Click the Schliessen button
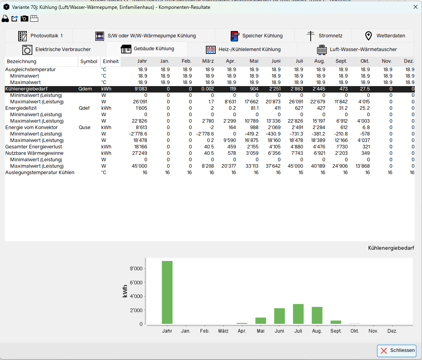(396, 350)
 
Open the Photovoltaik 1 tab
(41, 36)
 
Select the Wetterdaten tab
(385, 36)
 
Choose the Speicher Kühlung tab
(256, 36)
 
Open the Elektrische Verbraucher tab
(57, 49)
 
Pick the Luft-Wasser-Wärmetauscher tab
(357, 49)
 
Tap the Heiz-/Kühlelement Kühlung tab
(243, 49)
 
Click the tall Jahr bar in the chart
(167, 292)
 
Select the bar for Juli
(298, 314)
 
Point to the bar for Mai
(260, 321)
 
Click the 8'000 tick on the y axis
(137, 269)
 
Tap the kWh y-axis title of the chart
(125, 291)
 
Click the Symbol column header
(89, 62)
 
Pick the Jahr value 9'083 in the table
(140, 89)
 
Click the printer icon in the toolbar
(6, 19)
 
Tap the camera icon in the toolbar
(25, 19)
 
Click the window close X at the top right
(416, 6)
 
